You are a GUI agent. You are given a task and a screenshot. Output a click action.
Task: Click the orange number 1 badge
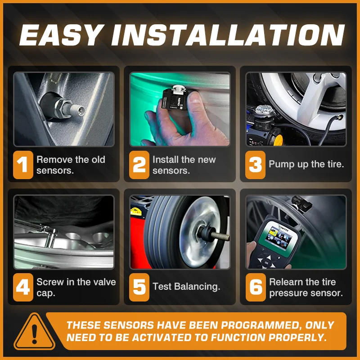[23, 165]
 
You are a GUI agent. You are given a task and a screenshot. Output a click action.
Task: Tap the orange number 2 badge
[139, 165]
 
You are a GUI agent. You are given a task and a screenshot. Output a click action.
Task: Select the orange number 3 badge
[255, 165]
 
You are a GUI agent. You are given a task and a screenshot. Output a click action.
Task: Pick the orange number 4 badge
[23, 287]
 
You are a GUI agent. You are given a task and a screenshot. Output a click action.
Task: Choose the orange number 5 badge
[139, 287]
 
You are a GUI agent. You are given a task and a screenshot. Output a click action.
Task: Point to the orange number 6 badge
[256, 287]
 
